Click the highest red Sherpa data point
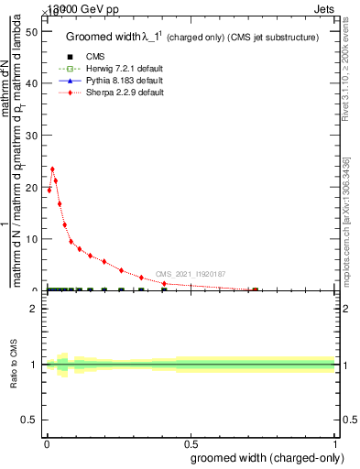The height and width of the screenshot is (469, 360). [52, 169]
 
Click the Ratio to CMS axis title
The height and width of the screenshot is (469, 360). [15, 364]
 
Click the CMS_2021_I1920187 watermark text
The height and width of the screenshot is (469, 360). [190, 274]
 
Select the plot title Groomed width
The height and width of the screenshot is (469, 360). [192, 38]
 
